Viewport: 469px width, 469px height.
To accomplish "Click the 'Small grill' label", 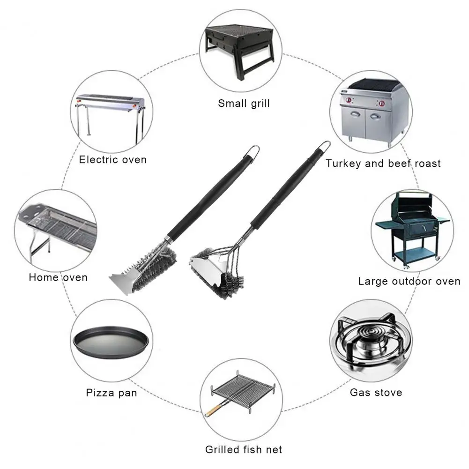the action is tap(244, 103).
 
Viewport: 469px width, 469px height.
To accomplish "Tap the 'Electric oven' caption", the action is tap(112, 160).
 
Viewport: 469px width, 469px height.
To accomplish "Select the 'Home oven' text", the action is tap(58, 277).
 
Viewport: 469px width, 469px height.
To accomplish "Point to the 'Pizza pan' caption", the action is tap(112, 393).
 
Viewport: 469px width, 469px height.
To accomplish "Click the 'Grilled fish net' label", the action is tap(244, 450).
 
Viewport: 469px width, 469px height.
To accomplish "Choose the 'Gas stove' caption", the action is tap(376, 392).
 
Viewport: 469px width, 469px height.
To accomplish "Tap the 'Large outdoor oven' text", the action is tap(409, 281).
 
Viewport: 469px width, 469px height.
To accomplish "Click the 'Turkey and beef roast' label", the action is tap(383, 164).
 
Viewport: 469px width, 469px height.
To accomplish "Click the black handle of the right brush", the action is tap(288, 187).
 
